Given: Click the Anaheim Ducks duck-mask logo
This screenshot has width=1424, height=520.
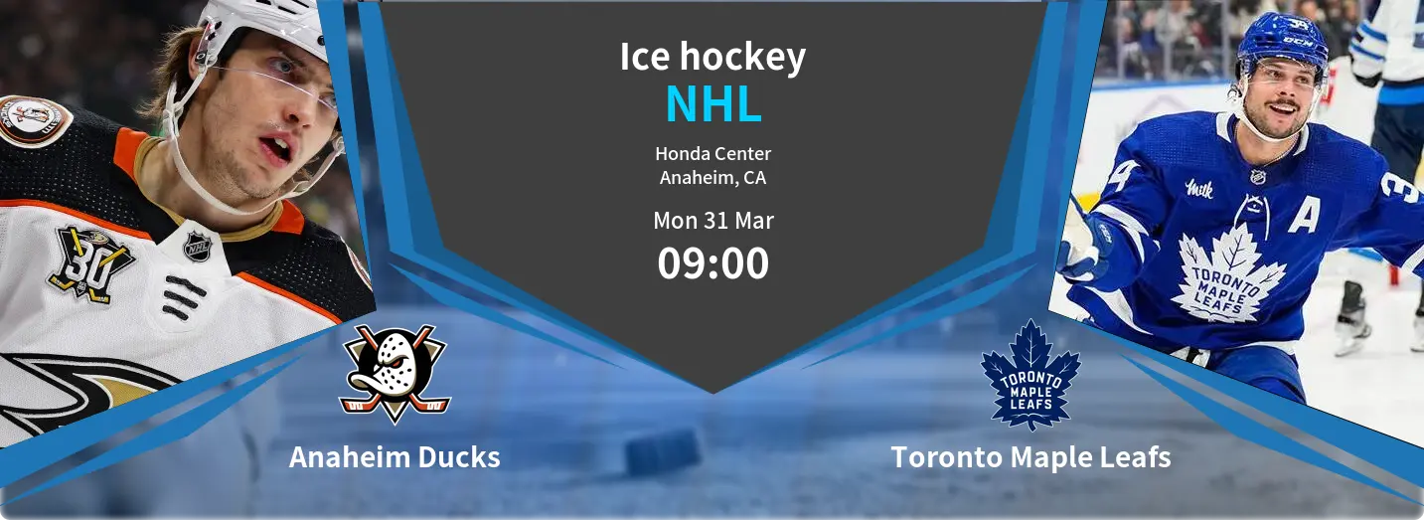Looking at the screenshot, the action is [395, 374].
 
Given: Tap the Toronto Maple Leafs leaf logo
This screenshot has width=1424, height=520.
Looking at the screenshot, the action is [1030, 375].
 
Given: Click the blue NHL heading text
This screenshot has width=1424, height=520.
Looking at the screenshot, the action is [713, 103].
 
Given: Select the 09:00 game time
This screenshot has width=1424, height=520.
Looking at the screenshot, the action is [713, 263].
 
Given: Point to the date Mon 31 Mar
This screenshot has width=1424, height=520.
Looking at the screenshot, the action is [713, 221].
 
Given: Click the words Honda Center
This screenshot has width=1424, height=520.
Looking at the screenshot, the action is [713, 154].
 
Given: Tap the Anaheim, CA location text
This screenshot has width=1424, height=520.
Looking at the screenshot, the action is [713, 178].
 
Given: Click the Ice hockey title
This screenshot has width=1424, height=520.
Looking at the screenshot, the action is [713, 57].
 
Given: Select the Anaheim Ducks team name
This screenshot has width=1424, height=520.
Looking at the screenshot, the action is [395, 457].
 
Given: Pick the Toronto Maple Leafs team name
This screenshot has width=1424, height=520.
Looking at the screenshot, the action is [1031, 457].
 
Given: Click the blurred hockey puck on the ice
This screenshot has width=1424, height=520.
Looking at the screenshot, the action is [663, 451].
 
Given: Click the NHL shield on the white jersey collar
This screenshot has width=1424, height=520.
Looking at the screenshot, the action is [197, 246].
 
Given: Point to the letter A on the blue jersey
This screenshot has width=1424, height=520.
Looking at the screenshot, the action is [1305, 214].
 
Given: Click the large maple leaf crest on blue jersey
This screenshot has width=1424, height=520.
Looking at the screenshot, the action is [1228, 273].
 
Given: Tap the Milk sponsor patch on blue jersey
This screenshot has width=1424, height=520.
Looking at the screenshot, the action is [1199, 189].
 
